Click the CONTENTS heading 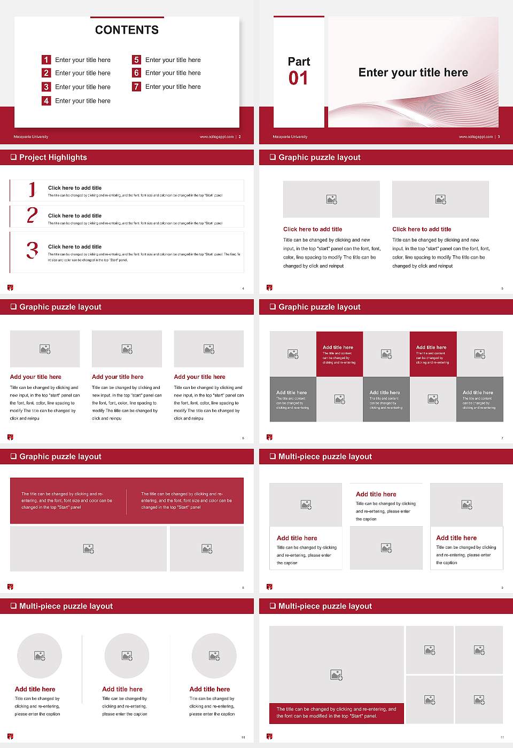coord(127,30)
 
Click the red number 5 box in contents coord(136,60)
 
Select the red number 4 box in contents coord(46,100)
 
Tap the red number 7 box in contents coord(136,87)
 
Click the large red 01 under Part coord(298,79)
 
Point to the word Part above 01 coord(299,61)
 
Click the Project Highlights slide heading coord(53,158)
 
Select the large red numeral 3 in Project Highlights coord(33,250)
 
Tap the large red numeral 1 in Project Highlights coord(32,190)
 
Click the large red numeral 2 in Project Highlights coord(32,215)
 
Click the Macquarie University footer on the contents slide coord(31,137)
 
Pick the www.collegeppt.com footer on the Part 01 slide coord(475,137)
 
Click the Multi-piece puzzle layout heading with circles coord(66,606)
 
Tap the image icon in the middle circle coord(127,656)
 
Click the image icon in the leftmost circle coord(40,656)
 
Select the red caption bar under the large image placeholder coord(336,713)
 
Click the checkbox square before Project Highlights coord(13,158)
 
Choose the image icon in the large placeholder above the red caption coord(336,675)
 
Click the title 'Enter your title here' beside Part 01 coord(413,73)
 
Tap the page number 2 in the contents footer coord(240,137)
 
